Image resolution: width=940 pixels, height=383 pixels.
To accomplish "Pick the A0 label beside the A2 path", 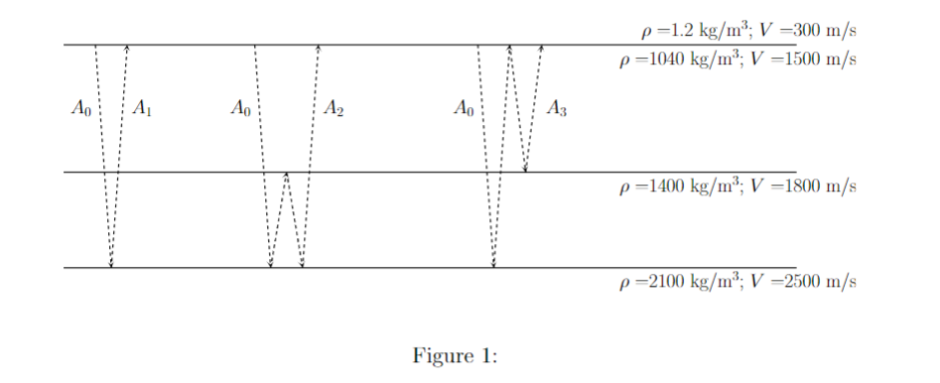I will pos(239,107).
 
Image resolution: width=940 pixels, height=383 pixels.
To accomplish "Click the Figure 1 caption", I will pos(454,355).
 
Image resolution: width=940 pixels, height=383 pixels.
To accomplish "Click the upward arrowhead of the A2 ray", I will pos(318,48).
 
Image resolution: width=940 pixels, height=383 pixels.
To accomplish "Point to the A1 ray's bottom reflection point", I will pos(111,266).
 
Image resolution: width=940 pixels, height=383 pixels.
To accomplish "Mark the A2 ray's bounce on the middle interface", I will pos(287,174).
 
